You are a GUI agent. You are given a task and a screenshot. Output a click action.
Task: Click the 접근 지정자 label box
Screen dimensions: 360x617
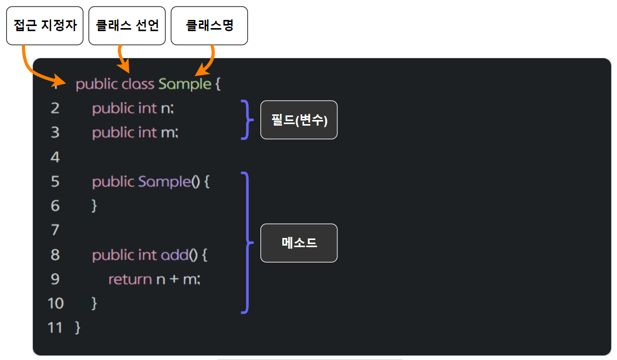click(44, 26)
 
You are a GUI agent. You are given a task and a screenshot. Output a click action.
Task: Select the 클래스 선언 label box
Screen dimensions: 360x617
click(127, 26)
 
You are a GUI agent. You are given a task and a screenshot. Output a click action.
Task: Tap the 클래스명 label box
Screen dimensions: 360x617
click(209, 26)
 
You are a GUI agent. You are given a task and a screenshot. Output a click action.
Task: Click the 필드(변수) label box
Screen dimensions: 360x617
click(299, 120)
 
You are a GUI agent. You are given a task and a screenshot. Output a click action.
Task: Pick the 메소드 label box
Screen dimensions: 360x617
click(299, 243)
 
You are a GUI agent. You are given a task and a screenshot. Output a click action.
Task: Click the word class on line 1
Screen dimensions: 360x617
click(138, 84)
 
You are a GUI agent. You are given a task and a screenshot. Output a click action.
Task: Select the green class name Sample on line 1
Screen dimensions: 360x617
click(184, 84)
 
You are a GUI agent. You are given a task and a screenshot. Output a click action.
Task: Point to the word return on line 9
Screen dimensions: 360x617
click(130, 279)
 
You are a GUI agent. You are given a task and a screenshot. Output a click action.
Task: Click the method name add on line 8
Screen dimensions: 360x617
click(175, 255)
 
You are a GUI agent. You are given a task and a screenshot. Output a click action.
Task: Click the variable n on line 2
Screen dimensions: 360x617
click(164, 108)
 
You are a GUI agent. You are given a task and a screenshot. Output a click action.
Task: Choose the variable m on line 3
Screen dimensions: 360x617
click(168, 133)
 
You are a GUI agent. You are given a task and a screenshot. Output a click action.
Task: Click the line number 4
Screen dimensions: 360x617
click(55, 157)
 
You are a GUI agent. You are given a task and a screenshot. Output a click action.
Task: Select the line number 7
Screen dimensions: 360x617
click(55, 230)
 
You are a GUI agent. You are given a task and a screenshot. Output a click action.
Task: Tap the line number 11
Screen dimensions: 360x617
click(55, 327)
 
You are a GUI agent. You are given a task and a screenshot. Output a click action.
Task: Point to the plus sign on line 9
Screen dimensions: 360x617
click(174, 279)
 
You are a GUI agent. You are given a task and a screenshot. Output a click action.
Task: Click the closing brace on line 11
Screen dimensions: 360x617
click(78, 327)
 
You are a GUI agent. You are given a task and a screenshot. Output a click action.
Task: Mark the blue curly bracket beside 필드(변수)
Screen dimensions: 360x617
click(247, 120)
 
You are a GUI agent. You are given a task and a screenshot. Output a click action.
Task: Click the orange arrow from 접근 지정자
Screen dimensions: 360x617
click(36, 69)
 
